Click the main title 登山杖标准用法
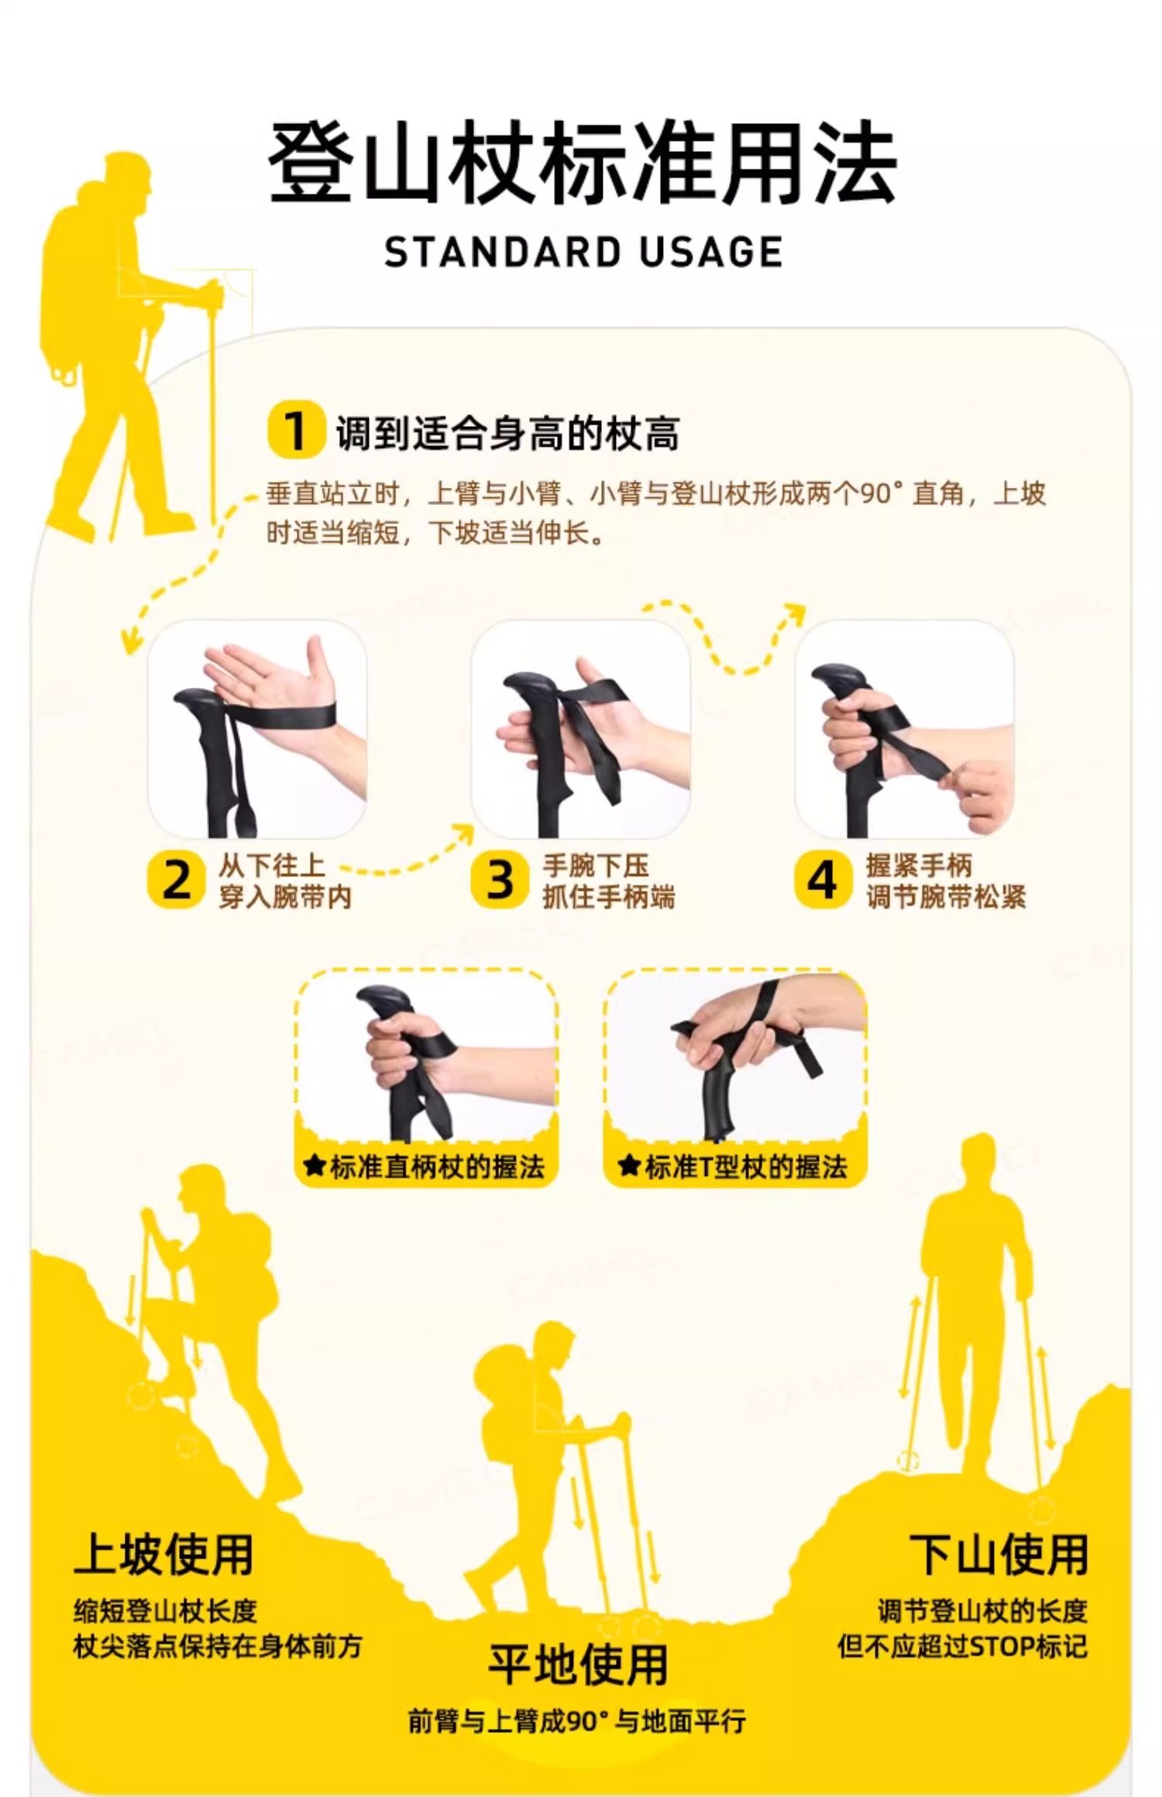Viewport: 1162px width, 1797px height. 582,163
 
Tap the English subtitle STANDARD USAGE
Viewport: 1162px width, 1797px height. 583,253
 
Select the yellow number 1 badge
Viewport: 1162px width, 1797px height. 296,430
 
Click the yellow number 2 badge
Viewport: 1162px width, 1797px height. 177,880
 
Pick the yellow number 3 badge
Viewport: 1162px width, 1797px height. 500,880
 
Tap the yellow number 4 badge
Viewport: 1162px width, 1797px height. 823,880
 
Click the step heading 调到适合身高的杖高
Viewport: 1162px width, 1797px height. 507,432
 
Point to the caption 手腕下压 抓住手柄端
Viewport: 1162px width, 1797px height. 608,881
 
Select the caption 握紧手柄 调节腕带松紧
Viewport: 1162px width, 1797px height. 946,881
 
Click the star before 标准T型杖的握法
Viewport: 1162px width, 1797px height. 628,1165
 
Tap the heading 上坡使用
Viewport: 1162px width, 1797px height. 164,1554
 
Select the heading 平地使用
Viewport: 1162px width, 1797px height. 578,1665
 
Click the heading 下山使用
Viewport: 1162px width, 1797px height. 999,1554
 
